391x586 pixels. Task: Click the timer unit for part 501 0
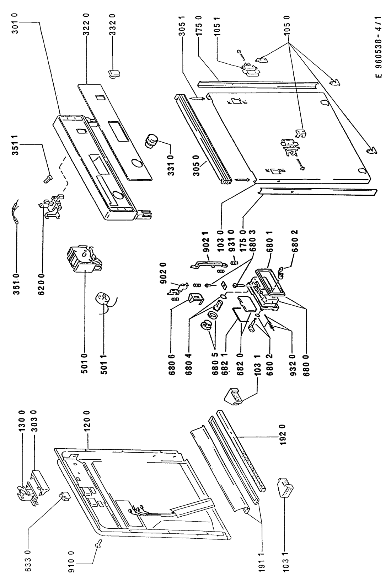pyautogui.click(x=84, y=259)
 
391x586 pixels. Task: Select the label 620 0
pyautogui.click(x=42, y=282)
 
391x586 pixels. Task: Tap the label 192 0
pyautogui.click(x=285, y=437)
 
